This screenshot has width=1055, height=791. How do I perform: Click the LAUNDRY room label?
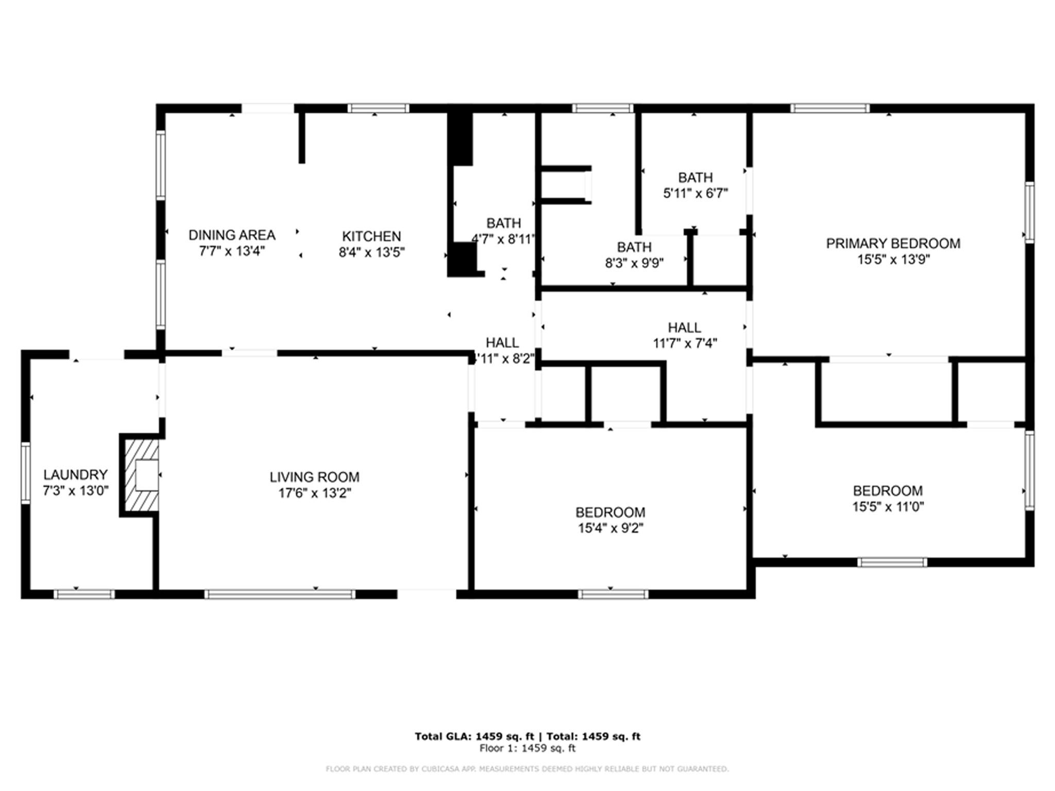(75, 474)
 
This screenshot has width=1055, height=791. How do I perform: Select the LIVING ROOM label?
(314, 477)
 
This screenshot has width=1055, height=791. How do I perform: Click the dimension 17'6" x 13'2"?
(314, 493)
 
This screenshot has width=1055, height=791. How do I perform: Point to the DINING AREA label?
(232, 235)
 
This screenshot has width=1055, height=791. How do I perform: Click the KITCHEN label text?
(371, 236)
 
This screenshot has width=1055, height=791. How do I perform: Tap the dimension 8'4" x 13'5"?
(371, 252)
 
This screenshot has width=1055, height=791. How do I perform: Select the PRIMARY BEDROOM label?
(893, 243)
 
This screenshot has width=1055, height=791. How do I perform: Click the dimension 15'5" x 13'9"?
(893, 260)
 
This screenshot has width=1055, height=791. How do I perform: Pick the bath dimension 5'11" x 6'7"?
(695, 194)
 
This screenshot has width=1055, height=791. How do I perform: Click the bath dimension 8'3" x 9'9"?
(634, 263)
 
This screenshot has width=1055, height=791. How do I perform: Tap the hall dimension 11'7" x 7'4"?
(685, 343)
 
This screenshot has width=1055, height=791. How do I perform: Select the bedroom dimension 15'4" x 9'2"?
(610, 528)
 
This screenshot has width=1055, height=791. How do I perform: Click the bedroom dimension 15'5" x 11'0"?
(888, 507)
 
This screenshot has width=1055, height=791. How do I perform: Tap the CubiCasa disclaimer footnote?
(527, 769)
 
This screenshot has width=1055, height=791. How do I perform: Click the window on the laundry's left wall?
(25, 472)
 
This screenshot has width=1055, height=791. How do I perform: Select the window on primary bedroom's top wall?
(830, 108)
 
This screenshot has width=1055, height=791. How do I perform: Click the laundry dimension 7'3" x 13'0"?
(75, 491)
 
